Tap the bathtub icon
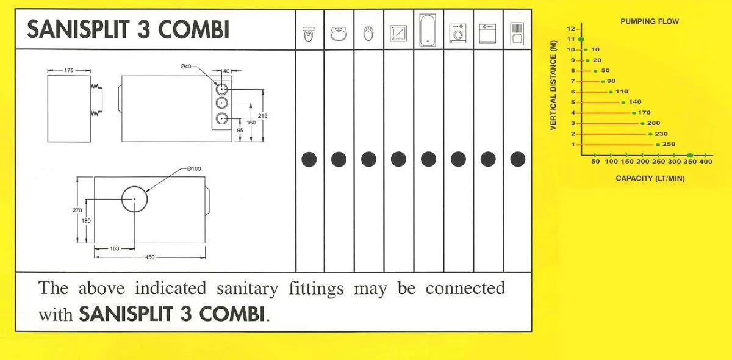(x=428, y=30)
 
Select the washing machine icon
(x=458, y=34)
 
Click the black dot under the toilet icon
(x=309, y=159)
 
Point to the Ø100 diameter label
(x=194, y=169)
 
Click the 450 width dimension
(x=149, y=257)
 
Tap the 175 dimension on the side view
(x=68, y=70)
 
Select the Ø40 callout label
(x=185, y=67)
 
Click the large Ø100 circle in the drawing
(x=134, y=186)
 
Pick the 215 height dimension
(x=262, y=116)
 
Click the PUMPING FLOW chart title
(x=650, y=21)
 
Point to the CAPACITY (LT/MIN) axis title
(x=650, y=179)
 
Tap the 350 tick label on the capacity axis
(x=690, y=162)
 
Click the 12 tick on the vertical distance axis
(x=570, y=29)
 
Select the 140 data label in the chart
(x=635, y=102)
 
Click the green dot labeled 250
(x=658, y=145)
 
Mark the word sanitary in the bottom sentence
(x=248, y=289)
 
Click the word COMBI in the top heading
(x=193, y=29)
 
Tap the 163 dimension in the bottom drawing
(x=115, y=249)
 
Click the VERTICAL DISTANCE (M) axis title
(x=553, y=85)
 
